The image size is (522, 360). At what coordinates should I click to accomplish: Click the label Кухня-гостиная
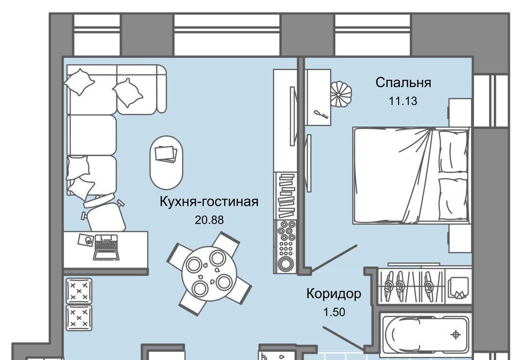click(209, 202)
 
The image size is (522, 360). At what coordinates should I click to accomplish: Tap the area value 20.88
click(209, 220)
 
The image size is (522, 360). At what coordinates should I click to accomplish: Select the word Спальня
click(403, 82)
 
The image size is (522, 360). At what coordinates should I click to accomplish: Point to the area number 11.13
click(403, 101)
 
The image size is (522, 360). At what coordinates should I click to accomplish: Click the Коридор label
click(333, 294)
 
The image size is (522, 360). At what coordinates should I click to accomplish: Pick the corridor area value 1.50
click(334, 312)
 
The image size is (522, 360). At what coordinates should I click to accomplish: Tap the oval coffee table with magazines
click(166, 162)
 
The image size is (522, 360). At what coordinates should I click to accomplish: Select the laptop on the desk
click(106, 247)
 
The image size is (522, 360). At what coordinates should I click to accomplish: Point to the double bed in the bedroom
click(412, 175)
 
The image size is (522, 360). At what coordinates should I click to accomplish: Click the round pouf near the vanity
click(341, 94)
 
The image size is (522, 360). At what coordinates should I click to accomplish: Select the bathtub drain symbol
click(455, 334)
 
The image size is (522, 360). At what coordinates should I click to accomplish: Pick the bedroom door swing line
click(334, 257)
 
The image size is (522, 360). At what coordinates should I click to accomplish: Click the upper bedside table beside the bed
click(460, 112)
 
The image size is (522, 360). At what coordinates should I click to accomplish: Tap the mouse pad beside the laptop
click(86, 240)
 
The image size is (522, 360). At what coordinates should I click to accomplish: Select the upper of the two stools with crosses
click(79, 290)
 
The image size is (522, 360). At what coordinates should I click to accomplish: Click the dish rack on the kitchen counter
click(285, 196)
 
